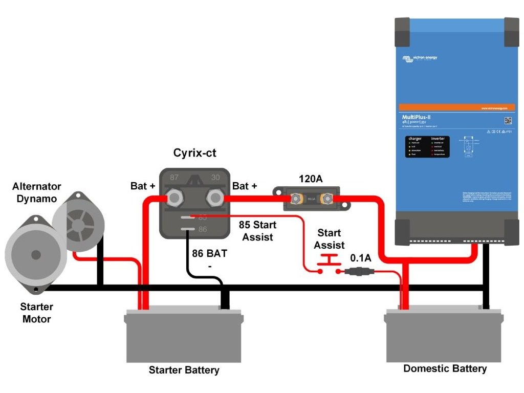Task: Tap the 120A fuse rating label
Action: [x=311, y=179]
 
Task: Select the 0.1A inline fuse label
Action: [x=360, y=258]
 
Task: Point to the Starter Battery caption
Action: [x=184, y=369]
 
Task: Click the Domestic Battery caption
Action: [x=445, y=368]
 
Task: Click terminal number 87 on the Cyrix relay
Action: [x=174, y=177]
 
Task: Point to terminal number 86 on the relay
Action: [x=203, y=229]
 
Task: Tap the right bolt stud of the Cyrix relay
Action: [x=213, y=196]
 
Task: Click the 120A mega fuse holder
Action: [x=312, y=199]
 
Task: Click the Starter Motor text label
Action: [x=36, y=313]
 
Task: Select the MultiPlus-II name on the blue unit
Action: [x=416, y=117]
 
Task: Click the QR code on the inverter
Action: [x=508, y=120]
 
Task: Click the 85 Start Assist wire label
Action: [x=257, y=231]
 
